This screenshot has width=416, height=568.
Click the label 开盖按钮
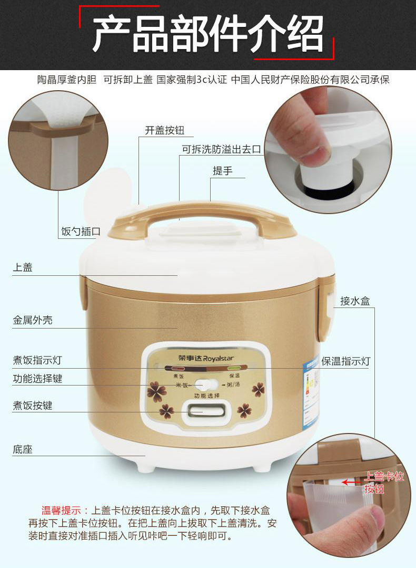(165, 131)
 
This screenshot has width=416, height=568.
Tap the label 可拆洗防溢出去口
(222, 150)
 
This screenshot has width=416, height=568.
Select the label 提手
(222, 171)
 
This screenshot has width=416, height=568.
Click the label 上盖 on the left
(23, 267)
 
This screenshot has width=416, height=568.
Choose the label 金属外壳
(33, 320)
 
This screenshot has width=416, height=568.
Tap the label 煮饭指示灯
(37, 361)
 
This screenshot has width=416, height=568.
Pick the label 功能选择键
(37, 379)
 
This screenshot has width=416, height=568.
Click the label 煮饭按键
(33, 406)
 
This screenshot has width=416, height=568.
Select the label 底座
(23, 450)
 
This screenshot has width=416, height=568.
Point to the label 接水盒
(355, 301)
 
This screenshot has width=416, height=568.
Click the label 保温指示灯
(345, 361)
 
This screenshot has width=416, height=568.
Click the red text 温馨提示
(61, 511)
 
